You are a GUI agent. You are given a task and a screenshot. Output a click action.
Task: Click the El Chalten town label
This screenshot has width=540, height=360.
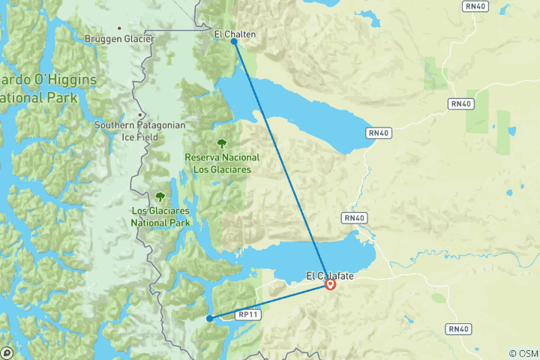pos(234,34)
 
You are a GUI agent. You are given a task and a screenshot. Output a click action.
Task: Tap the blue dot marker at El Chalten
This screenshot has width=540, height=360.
pos(235,42)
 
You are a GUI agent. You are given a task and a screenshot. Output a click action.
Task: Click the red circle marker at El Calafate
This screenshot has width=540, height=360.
pos(330,284)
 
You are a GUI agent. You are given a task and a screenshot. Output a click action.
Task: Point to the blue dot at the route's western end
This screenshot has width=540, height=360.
pos(209,319)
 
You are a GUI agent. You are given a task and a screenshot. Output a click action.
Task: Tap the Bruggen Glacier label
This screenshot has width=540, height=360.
pos(119,39)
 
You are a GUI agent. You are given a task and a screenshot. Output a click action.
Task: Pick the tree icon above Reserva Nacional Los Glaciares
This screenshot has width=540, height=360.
pos(222,143)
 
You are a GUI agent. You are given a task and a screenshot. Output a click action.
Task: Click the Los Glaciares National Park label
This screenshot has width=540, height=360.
pos(160,217)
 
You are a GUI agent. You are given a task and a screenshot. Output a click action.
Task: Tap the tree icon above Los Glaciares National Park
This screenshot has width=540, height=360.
pos(160,197)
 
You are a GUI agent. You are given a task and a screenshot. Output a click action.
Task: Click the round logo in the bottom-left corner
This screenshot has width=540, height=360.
pos(7,352)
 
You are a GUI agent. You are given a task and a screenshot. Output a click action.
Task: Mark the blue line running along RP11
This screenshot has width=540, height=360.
pos(270,301)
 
